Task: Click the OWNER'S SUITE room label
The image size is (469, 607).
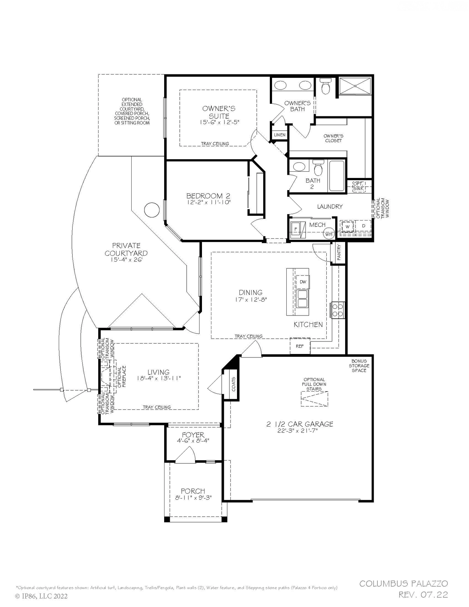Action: tap(219, 112)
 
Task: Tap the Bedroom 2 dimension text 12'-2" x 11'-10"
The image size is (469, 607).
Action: tap(208, 202)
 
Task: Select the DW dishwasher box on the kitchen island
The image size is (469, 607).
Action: tap(303, 282)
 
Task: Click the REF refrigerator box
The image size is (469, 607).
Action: tap(300, 346)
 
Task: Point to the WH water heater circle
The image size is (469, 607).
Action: tap(329, 234)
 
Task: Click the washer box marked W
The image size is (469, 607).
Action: tap(347, 226)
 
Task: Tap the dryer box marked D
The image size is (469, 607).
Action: tap(363, 226)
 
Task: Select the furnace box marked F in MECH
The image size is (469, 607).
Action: tap(295, 229)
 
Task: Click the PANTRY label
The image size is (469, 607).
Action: tap(339, 253)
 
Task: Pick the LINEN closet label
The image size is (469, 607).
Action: tap(280, 135)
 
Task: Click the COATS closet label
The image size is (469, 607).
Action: tap(234, 384)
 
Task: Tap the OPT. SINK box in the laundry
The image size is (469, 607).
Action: tap(359, 186)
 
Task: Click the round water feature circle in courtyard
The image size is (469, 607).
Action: tap(152, 210)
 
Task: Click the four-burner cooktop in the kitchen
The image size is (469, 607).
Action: tap(338, 310)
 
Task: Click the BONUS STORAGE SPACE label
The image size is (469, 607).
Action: tap(359, 366)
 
